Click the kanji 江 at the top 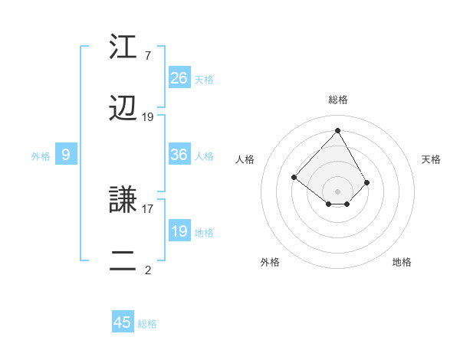tap(124, 48)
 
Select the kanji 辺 tap(124, 110)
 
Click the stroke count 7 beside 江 tap(148, 56)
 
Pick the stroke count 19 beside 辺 tap(148, 117)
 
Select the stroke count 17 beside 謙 tap(148, 208)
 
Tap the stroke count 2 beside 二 tap(148, 270)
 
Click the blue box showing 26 tap(179, 78)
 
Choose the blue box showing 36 tap(179, 155)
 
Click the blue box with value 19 tap(179, 231)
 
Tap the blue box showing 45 tap(123, 322)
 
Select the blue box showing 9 tap(66, 155)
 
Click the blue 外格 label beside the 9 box tap(41, 155)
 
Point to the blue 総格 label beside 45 tap(147, 324)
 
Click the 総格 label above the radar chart tap(338, 100)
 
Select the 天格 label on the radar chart tap(431, 159)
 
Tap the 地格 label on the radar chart tap(402, 262)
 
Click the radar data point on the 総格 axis tap(337, 130)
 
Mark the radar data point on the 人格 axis tap(294, 178)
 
